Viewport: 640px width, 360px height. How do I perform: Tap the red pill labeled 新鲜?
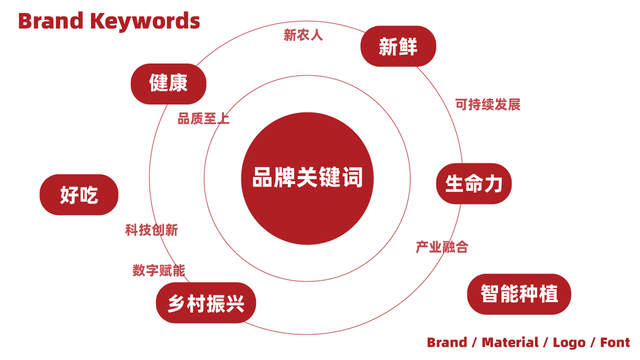(398, 46)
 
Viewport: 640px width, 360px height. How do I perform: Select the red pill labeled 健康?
(168, 83)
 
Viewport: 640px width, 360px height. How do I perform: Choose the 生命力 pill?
(473, 183)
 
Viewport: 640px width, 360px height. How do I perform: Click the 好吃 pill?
(79, 194)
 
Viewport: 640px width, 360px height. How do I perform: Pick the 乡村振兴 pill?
(206, 303)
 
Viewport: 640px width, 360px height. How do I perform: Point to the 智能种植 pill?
(519, 294)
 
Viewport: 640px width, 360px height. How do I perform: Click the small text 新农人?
(303, 35)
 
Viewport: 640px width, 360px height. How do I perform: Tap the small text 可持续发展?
(488, 104)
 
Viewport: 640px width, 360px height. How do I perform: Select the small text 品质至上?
(203, 118)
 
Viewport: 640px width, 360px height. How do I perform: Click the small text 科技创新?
(151, 230)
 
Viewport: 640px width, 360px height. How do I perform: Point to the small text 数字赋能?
(158, 270)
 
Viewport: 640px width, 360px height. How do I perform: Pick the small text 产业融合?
(442, 247)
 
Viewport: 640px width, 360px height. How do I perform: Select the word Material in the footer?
(510, 343)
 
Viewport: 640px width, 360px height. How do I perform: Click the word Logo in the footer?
(569, 343)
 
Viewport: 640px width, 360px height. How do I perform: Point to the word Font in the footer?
(615, 343)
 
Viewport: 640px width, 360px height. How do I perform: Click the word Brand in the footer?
(447, 343)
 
